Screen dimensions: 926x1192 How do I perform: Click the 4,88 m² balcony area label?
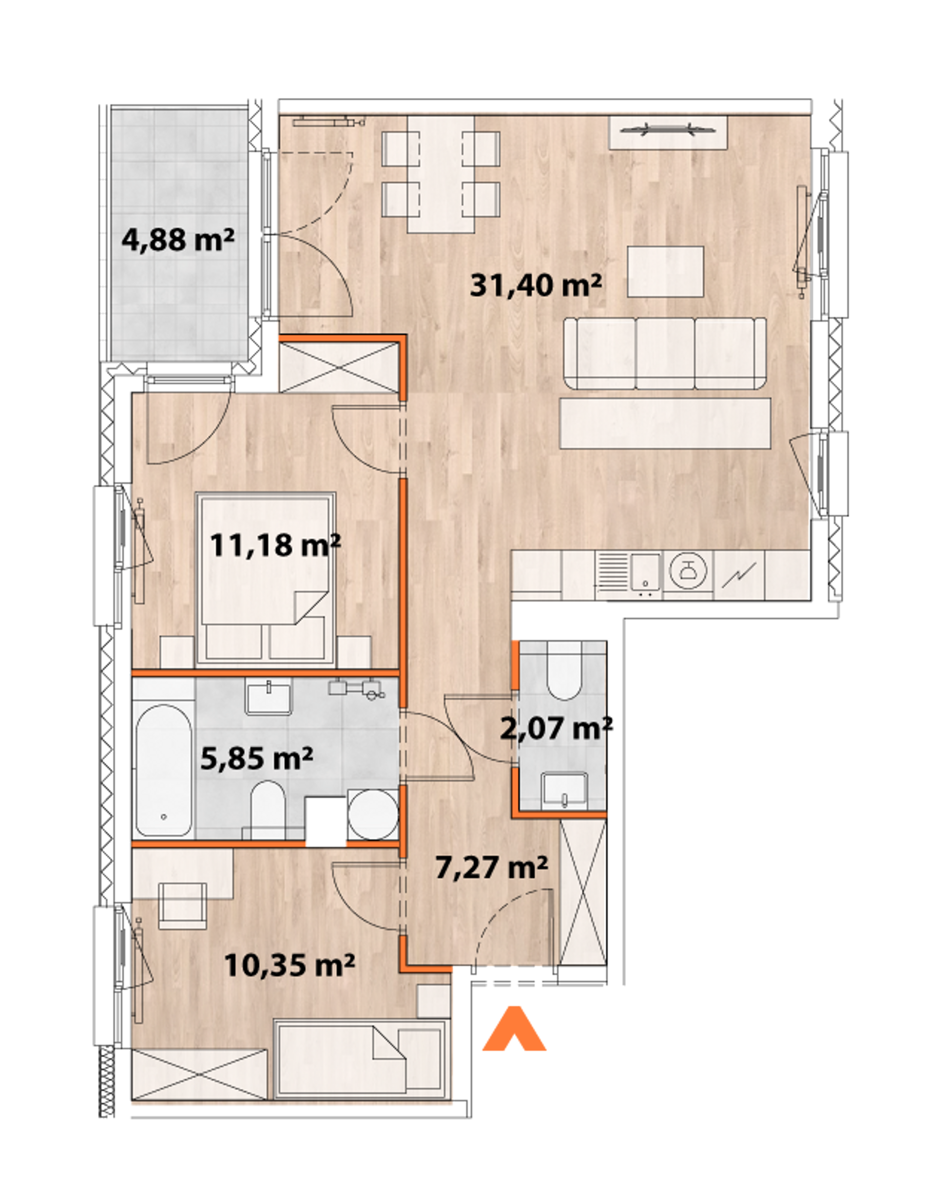pyautogui.click(x=178, y=240)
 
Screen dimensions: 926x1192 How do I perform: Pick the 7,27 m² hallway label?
pyautogui.click(x=491, y=867)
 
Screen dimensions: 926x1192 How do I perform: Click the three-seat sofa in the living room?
pyautogui.click(x=665, y=353)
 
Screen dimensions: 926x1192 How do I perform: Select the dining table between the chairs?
pyautogui.click(x=441, y=174)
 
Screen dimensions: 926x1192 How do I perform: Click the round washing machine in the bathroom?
pyautogui.click(x=373, y=815)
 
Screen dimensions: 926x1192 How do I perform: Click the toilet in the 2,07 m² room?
pyautogui.click(x=564, y=671)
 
